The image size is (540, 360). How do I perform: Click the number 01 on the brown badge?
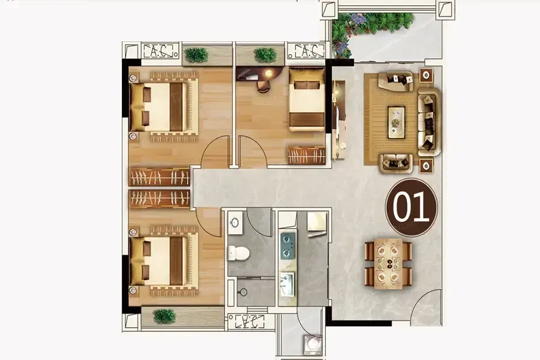click(x=411, y=206)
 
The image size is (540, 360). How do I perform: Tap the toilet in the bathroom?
click(x=238, y=253)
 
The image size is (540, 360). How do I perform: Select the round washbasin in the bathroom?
click(x=235, y=223)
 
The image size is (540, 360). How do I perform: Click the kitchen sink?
click(x=287, y=284)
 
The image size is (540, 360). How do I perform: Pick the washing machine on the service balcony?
click(x=313, y=344)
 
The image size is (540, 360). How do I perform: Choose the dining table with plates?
click(x=388, y=263)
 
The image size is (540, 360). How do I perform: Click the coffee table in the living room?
click(x=397, y=122)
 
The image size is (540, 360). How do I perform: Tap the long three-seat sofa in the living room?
click(x=429, y=122)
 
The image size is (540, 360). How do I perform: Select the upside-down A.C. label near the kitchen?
click(x=250, y=322)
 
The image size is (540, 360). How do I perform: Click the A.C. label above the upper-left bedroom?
click(x=157, y=52)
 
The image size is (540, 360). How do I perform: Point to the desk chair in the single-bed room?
click(x=263, y=87)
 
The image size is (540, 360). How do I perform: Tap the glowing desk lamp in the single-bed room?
click(x=268, y=73)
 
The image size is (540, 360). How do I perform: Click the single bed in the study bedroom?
click(x=307, y=100)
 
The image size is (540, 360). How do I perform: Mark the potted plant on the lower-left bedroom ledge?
click(x=164, y=316)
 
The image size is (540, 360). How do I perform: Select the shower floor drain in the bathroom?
click(x=244, y=292)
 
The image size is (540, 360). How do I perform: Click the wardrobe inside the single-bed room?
click(x=307, y=155)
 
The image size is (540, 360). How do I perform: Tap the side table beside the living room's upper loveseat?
click(x=426, y=75)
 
